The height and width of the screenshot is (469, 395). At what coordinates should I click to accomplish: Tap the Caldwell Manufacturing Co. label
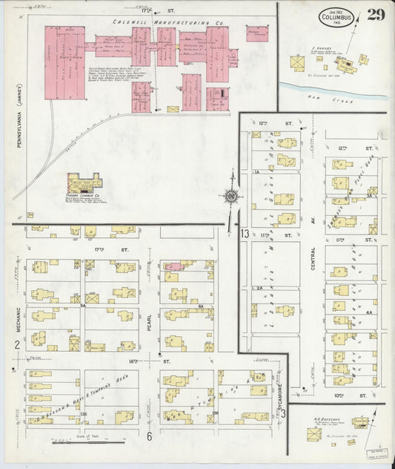coord(168,22)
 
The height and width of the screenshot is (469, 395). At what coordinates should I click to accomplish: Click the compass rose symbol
coord(230,197)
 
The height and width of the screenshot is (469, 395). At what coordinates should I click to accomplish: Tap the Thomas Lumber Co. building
coord(82,181)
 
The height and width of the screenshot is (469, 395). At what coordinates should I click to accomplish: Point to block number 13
coord(245,234)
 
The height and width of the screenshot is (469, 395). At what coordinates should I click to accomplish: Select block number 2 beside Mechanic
coord(16,344)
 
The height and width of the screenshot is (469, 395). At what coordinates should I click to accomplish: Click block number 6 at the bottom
coord(149,436)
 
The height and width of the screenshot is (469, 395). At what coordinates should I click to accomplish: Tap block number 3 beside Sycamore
coord(283,413)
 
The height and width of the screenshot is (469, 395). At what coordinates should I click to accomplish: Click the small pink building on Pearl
coord(172,265)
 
